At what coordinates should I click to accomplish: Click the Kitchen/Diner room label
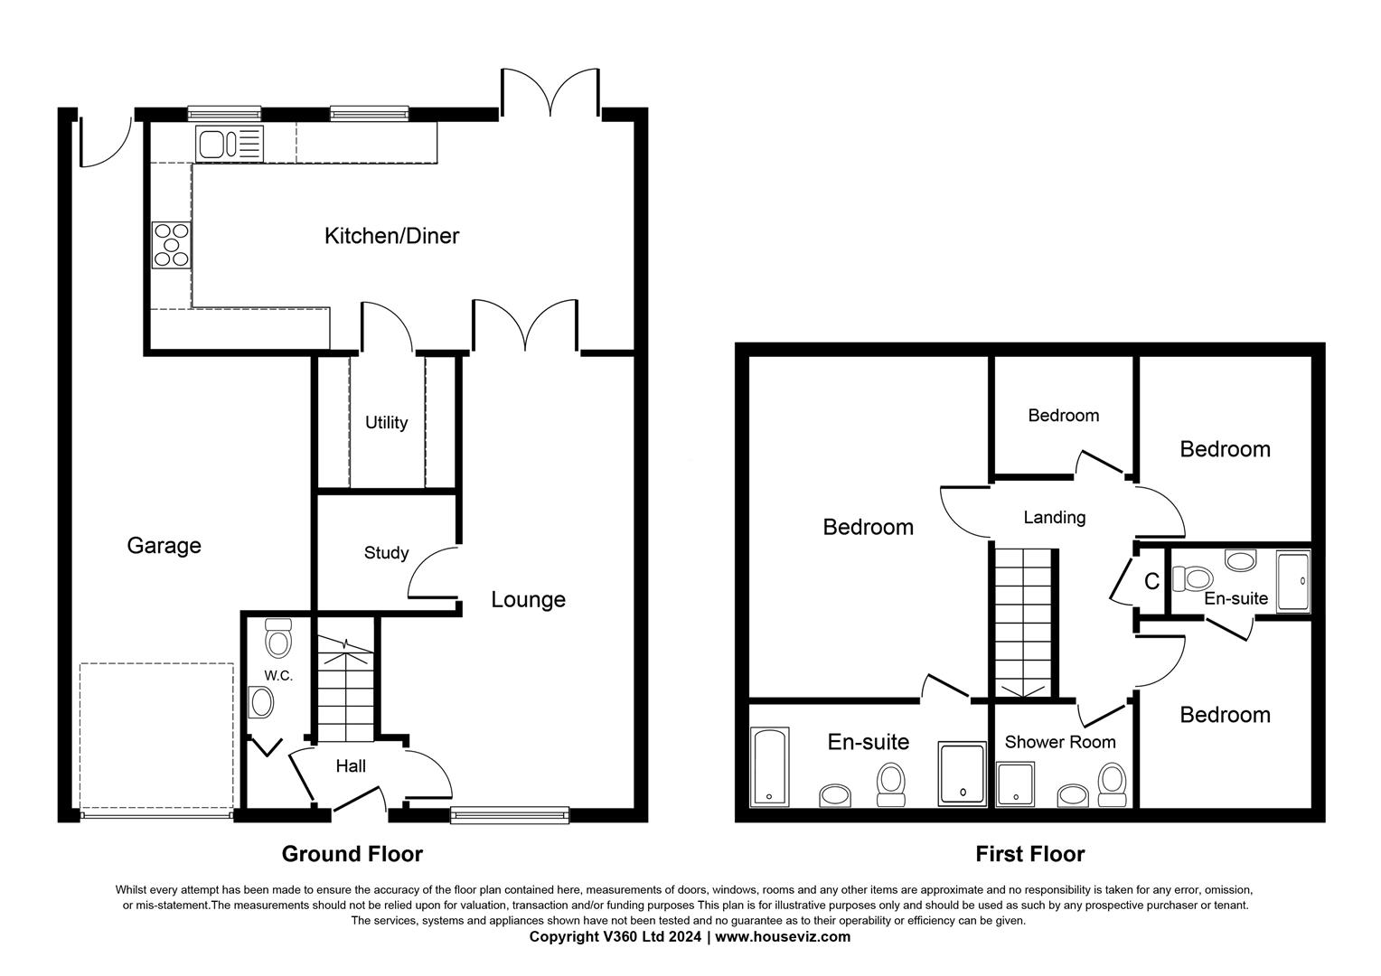pos(391,236)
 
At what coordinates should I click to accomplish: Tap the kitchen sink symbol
pos(230,144)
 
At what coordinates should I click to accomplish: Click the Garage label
pos(164,546)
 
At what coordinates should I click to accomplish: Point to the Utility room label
pos(386,422)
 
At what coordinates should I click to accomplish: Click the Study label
pos(386,553)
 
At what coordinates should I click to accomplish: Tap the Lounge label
pos(528,599)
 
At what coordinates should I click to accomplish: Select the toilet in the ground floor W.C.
pos(277,639)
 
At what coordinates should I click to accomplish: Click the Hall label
pos(351,766)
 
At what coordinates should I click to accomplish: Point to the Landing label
pos(1054,518)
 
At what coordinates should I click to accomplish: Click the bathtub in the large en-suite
pos(770,766)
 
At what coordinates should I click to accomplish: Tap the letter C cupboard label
pos(1151,582)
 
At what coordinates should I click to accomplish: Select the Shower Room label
pos(1059,742)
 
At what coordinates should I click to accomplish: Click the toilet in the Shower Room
pos(1112,784)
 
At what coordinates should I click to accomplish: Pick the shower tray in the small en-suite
pos(1292,582)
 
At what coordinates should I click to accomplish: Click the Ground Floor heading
pos(352,854)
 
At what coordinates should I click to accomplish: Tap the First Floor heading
pos(1029,854)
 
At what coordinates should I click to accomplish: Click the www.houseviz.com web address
pos(783,937)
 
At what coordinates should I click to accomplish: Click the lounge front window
pos(511,815)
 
